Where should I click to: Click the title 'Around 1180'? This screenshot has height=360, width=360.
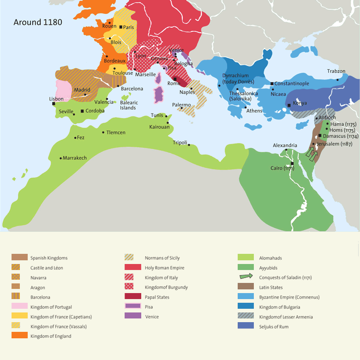[37, 22]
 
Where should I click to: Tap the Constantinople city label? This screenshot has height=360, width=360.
[292, 84]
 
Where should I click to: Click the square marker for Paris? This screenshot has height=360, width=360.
[120, 27]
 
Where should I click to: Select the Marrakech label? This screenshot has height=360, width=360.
[75, 158]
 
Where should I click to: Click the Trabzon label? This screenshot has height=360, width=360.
[336, 72]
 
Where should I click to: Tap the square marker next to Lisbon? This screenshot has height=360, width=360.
[54, 104]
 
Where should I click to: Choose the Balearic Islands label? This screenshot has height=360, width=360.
[129, 105]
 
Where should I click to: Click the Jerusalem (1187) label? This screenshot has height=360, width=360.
[335, 144]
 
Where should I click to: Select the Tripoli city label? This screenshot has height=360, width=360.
[180, 143]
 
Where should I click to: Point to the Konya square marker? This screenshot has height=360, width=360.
[289, 106]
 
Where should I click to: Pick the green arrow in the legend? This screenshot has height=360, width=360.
[246, 277]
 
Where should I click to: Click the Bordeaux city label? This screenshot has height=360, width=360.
[115, 60]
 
